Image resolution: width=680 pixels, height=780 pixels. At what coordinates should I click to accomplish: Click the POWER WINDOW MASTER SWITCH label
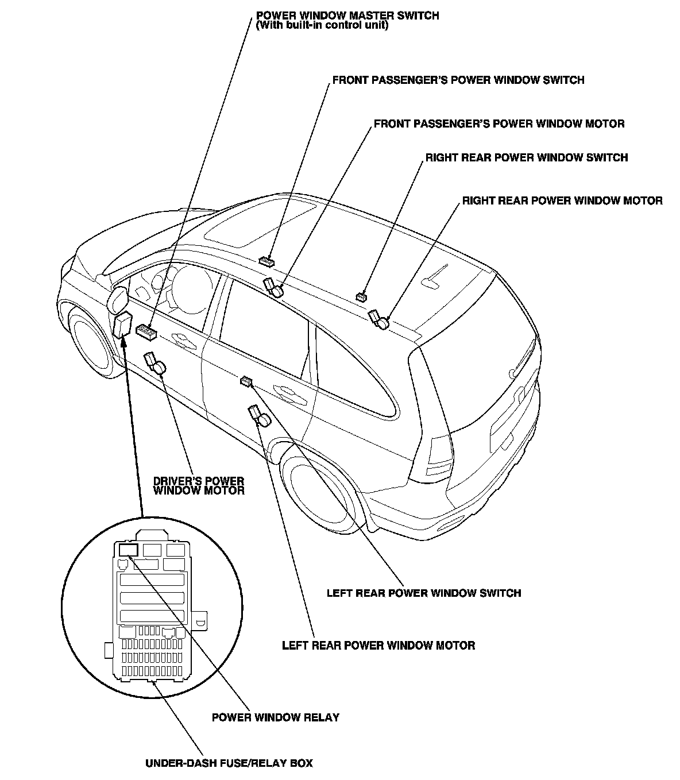(x=347, y=16)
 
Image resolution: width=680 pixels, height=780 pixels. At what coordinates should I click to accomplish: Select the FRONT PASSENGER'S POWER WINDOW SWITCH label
(x=458, y=80)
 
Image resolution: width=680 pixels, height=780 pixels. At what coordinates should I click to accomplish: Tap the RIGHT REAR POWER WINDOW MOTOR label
(x=562, y=201)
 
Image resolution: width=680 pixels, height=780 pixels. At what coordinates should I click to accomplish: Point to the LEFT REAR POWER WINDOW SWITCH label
(x=424, y=593)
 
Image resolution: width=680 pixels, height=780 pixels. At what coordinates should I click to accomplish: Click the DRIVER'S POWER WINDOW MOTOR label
(x=198, y=486)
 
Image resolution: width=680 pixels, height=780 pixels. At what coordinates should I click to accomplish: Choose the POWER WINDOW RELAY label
(x=276, y=717)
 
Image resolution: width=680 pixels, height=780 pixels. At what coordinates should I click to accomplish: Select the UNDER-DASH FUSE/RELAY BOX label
(x=229, y=763)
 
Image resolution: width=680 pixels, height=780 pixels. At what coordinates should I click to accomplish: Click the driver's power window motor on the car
(x=155, y=363)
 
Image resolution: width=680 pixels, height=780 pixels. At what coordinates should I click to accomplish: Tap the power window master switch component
(x=147, y=331)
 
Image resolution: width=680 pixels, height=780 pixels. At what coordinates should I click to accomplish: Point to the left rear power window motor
(x=259, y=415)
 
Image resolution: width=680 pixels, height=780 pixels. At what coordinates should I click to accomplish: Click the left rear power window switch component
(x=246, y=381)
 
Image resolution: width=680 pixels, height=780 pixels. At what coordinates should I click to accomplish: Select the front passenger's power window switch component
(x=266, y=261)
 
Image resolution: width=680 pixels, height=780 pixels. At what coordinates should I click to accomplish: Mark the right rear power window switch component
(x=361, y=297)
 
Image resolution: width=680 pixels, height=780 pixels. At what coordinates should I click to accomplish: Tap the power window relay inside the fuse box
(x=127, y=550)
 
